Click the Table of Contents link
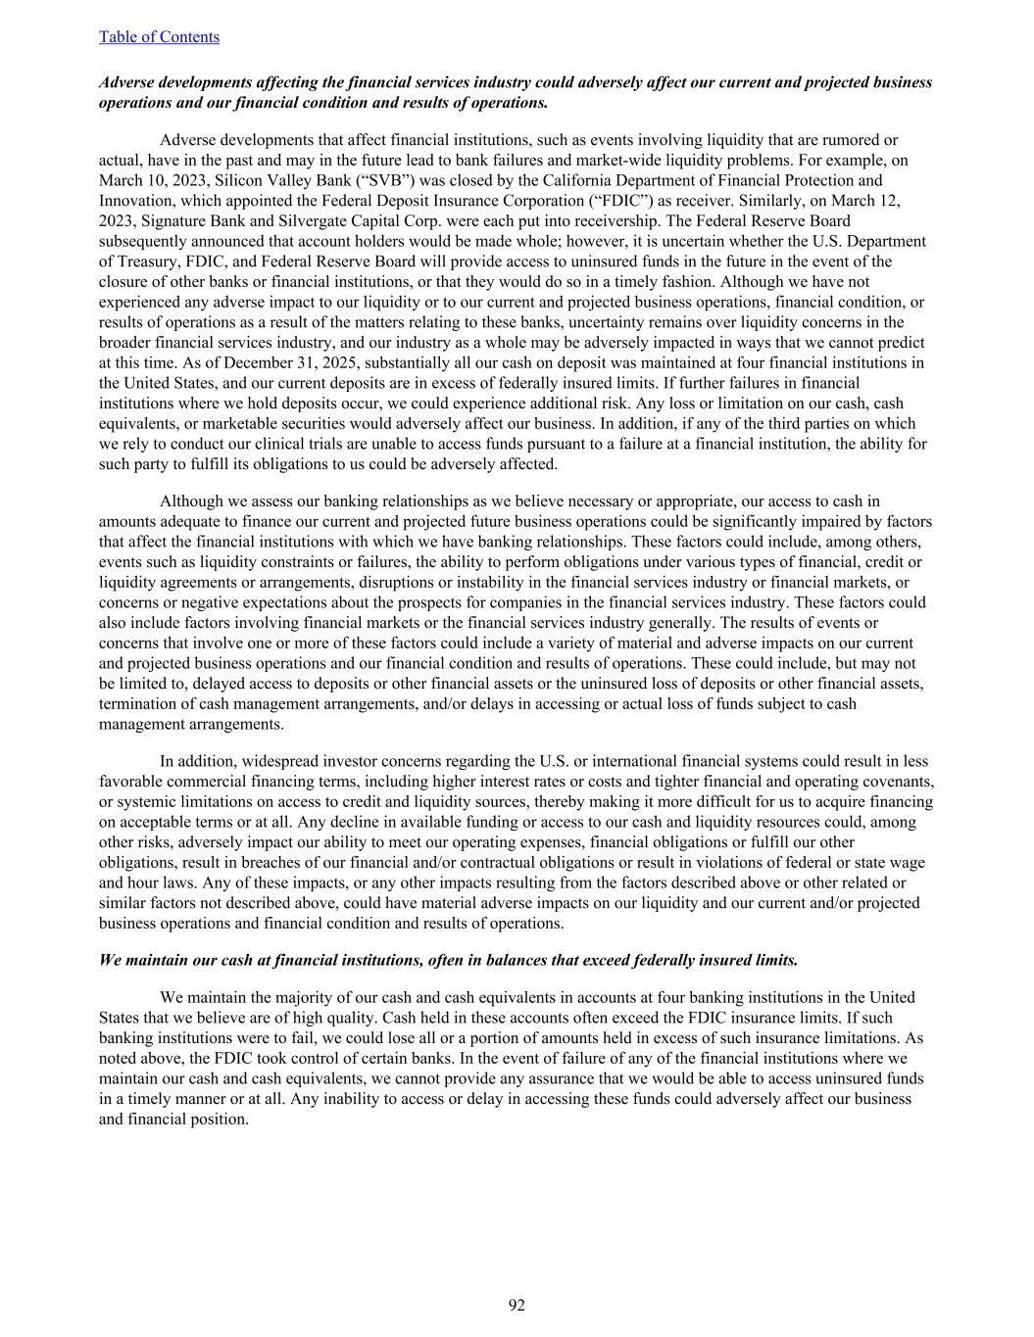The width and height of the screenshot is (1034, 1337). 159,37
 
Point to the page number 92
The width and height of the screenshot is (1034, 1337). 517,1305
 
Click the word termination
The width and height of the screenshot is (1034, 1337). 139,703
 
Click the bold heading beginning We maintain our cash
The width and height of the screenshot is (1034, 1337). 449,960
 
